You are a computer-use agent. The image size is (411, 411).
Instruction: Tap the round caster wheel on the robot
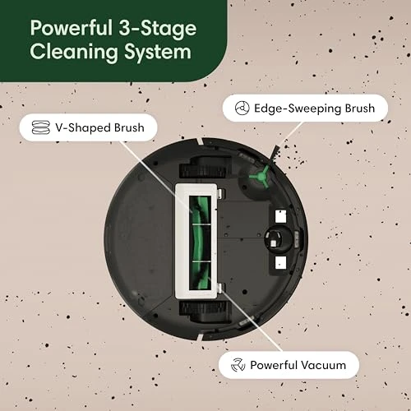(279, 240)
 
